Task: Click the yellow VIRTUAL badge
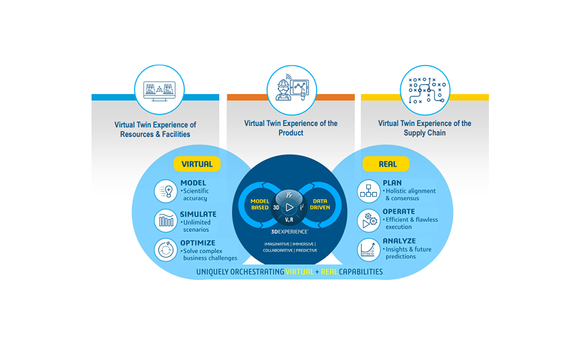point(197,164)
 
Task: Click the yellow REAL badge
point(388,164)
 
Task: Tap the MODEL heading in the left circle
point(193,183)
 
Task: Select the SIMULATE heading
point(198,215)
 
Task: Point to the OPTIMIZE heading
point(198,243)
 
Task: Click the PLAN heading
point(392,183)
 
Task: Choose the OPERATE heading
point(399,212)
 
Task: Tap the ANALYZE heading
point(398,241)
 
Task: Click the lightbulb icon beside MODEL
point(166,191)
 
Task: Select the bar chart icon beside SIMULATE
point(166,221)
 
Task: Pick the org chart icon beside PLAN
point(369,191)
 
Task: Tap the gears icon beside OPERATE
point(369,221)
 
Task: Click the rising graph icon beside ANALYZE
point(369,249)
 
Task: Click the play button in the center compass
point(289,207)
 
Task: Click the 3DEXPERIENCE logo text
point(290,231)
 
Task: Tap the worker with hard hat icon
point(290,90)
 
